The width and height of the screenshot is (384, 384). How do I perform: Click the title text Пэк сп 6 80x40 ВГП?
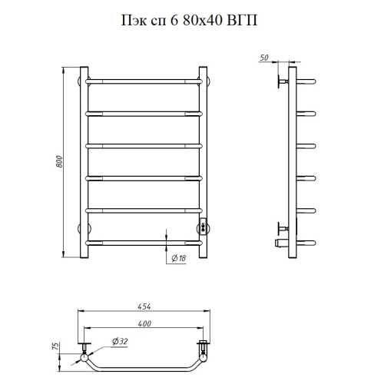tap(189, 21)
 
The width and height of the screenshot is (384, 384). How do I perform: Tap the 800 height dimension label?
tap(59, 162)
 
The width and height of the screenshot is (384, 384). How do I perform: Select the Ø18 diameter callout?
tap(179, 258)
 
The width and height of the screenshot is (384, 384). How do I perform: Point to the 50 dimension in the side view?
tap(264, 58)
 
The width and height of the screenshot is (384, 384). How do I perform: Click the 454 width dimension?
tap(144, 306)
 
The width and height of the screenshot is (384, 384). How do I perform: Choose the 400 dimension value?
tap(144, 323)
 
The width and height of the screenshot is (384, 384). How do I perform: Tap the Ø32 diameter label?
tap(120, 341)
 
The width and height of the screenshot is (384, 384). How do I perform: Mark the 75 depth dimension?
tap(55, 346)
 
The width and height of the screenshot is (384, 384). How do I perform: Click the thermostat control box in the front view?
tap(203, 226)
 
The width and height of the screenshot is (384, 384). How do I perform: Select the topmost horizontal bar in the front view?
tap(144, 81)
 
